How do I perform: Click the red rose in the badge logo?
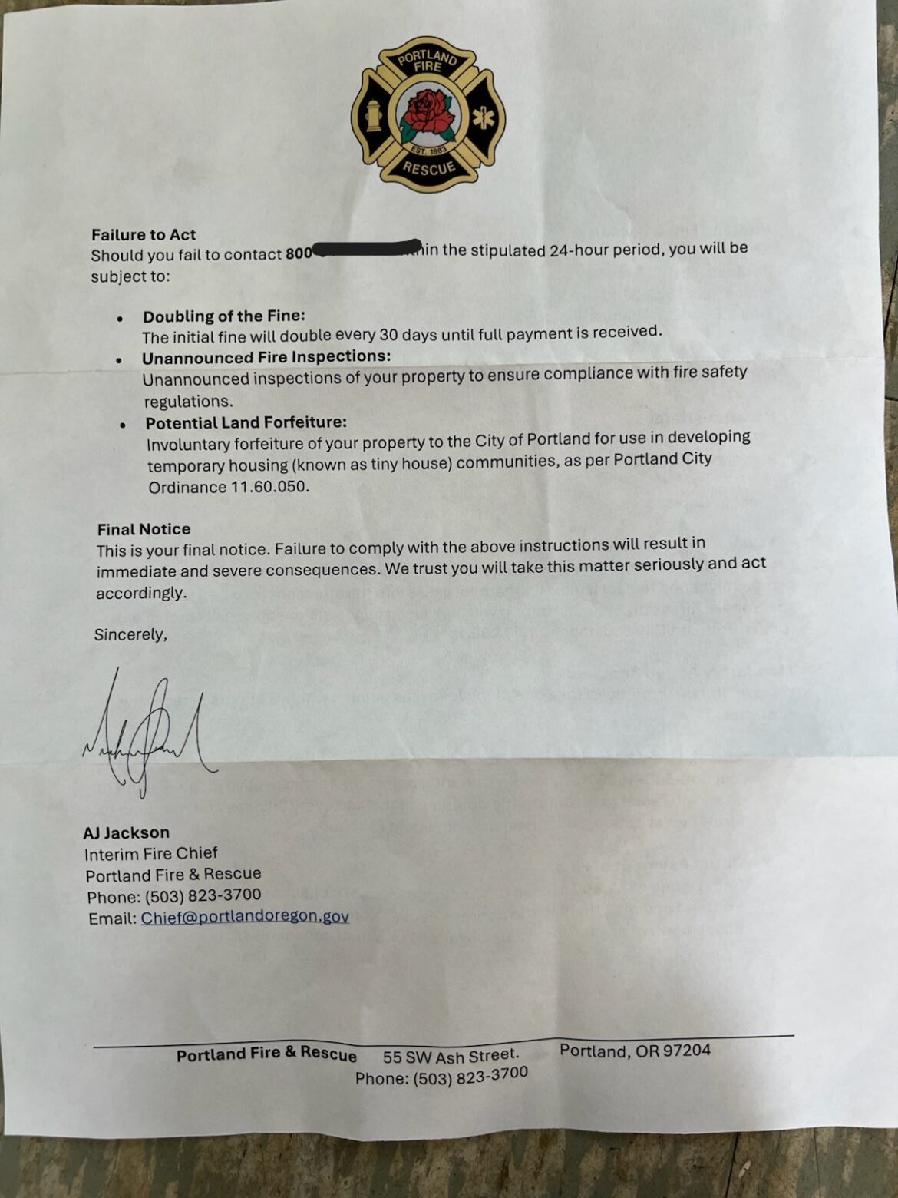pyautogui.click(x=428, y=113)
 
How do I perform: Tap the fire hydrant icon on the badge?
pyautogui.click(x=374, y=116)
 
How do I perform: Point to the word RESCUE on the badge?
pyautogui.click(x=429, y=168)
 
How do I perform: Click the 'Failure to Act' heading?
pyautogui.click(x=144, y=235)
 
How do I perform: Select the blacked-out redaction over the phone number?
pyautogui.click(x=367, y=249)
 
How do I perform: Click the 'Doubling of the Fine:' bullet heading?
pyautogui.click(x=223, y=316)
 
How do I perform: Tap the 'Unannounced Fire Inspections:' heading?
pyautogui.click(x=266, y=357)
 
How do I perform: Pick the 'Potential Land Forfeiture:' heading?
pyautogui.click(x=246, y=422)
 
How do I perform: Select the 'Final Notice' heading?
pyautogui.click(x=144, y=529)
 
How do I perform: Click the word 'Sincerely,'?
pyautogui.click(x=130, y=635)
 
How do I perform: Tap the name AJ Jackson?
pyautogui.click(x=127, y=832)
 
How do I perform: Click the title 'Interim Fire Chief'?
pyautogui.click(x=151, y=854)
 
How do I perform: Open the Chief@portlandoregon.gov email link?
pyautogui.click(x=245, y=917)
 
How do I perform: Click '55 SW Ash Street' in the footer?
pyautogui.click(x=451, y=1057)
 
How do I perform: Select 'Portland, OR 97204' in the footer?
pyautogui.click(x=635, y=1051)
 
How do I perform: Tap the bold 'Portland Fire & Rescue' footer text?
pyautogui.click(x=266, y=1054)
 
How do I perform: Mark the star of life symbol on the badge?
pyautogui.click(x=483, y=117)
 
